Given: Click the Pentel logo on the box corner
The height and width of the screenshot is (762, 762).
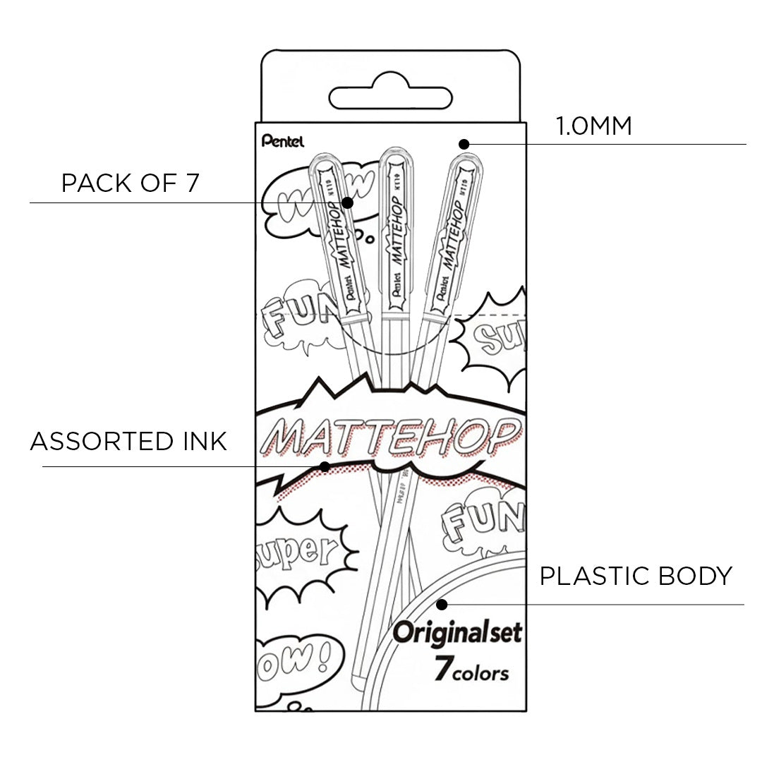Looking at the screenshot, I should [282, 141].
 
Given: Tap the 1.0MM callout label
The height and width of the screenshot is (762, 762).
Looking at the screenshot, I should [593, 127].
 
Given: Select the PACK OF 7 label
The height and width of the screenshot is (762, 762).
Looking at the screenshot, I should [131, 183].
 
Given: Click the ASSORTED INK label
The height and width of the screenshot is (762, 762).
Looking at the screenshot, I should [128, 442].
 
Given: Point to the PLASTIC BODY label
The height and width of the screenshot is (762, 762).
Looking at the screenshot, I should [636, 576].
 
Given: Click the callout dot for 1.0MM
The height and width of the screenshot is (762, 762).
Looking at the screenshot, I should [464, 144].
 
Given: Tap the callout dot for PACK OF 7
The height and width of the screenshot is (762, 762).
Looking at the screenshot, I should [347, 202].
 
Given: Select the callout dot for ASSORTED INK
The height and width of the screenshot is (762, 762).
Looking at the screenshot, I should [325, 466].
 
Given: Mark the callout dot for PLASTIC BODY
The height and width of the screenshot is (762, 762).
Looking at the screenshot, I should [442, 604].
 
